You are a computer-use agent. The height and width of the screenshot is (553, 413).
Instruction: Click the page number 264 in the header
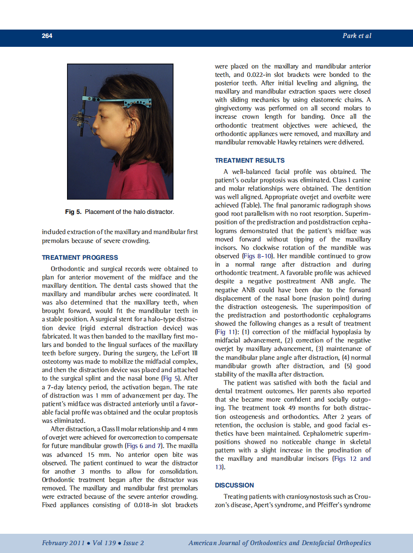[x=47, y=36]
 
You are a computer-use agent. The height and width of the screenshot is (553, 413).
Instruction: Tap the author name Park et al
[x=356, y=36]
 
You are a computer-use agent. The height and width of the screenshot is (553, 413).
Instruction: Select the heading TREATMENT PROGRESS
[x=80, y=257]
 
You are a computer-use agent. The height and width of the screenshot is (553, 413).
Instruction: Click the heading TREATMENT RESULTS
[x=249, y=160]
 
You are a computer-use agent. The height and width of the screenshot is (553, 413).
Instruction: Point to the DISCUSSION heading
[x=235, y=485]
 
